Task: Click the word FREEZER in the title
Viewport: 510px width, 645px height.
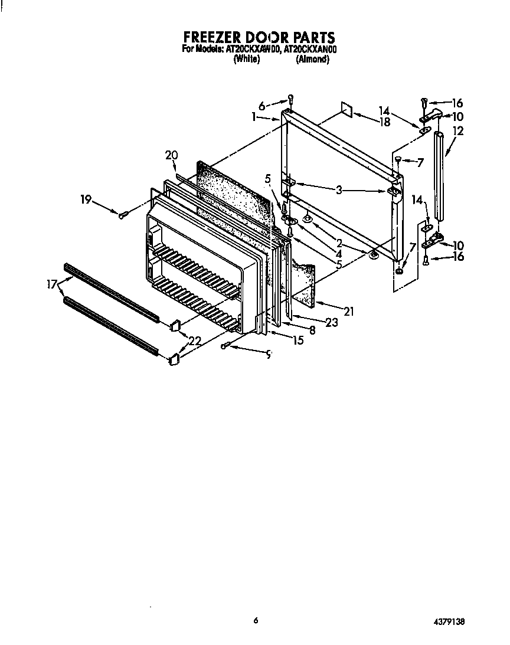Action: click(x=208, y=38)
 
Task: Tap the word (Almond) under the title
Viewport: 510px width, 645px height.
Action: click(x=312, y=60)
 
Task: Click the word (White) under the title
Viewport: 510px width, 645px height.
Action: click(x=247, y=60)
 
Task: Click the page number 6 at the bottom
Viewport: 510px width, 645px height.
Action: click(x=256, y=620)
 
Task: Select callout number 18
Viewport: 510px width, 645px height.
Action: click(x=385, y=123)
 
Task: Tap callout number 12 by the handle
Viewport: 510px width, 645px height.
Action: click(x=458, y=131)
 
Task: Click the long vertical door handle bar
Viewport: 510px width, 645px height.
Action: click(x=439, y=174)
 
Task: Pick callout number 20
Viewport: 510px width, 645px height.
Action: click(x=171, y=155)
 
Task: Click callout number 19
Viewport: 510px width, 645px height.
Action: click(x=86, y=200)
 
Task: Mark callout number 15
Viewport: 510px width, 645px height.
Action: click(x=297, y=340)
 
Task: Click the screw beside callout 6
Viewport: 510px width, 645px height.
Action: click(x=290, y=99)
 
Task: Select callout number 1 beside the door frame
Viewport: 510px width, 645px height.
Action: click(x=254, y=117)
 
